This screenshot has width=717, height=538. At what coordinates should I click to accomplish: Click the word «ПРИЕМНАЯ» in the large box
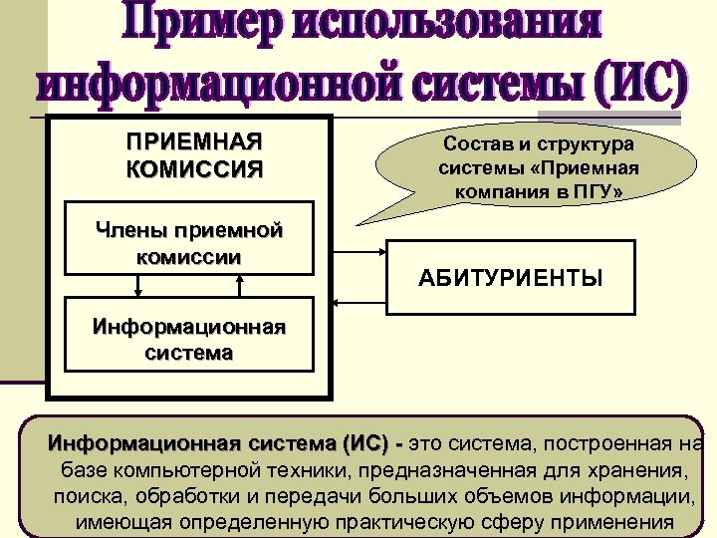click(x=195, y=140)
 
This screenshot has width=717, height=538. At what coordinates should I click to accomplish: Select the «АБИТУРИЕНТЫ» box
click(x=509, y=278)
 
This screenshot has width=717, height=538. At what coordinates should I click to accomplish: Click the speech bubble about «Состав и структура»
click(x=538, y=166)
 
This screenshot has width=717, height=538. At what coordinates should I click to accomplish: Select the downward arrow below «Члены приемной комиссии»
click(x=138, y=285)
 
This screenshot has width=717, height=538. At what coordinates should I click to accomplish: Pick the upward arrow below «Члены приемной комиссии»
click(x=240, y=285)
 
